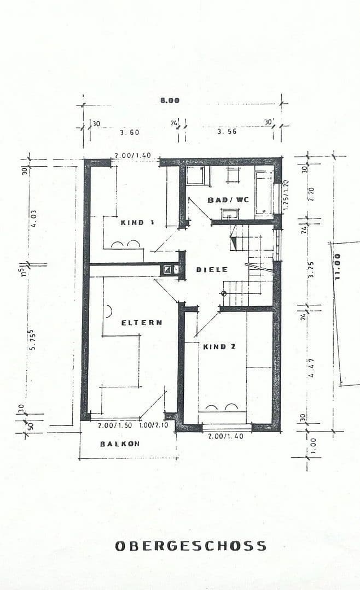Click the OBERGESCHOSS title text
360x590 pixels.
click(x=190, y=546)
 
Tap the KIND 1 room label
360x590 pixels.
click(x=137, y=222)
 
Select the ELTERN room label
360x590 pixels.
click(x=142, y=322)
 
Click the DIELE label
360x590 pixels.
click(x=212, y=270)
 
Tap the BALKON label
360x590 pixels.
click(x=119, y=444)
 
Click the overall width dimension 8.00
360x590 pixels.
click(x=170, y=101)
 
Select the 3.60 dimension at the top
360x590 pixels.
click(x=130, y=132)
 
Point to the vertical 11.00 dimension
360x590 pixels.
click(x=338, y=267)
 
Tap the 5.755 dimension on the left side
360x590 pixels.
click(x=33, y=340)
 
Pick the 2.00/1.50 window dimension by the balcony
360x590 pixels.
click(x=115, y=426)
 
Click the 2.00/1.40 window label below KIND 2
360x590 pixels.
click(x=225, y=436)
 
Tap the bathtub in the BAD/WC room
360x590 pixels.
click(x=264, y=192)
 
